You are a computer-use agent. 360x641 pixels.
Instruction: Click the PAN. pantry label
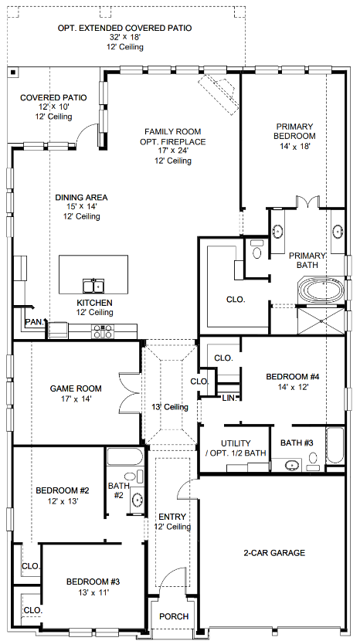pyautogui.click(x=33, y=320)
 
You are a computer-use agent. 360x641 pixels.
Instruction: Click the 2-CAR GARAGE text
pyautogui.click(x=275, y=553)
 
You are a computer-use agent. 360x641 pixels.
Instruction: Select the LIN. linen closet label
pyautogui.click(x=229, y=397)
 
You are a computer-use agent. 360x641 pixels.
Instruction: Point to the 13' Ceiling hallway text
pyautogui.click(x=170, y=407)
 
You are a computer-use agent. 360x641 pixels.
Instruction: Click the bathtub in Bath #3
pyautogui.click(x=335, y=447)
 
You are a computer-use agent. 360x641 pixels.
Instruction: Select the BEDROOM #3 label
pyautogui.click(x=93, y=582)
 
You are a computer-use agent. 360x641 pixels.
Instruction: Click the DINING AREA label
pyautogui.click(x=81, y=198)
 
